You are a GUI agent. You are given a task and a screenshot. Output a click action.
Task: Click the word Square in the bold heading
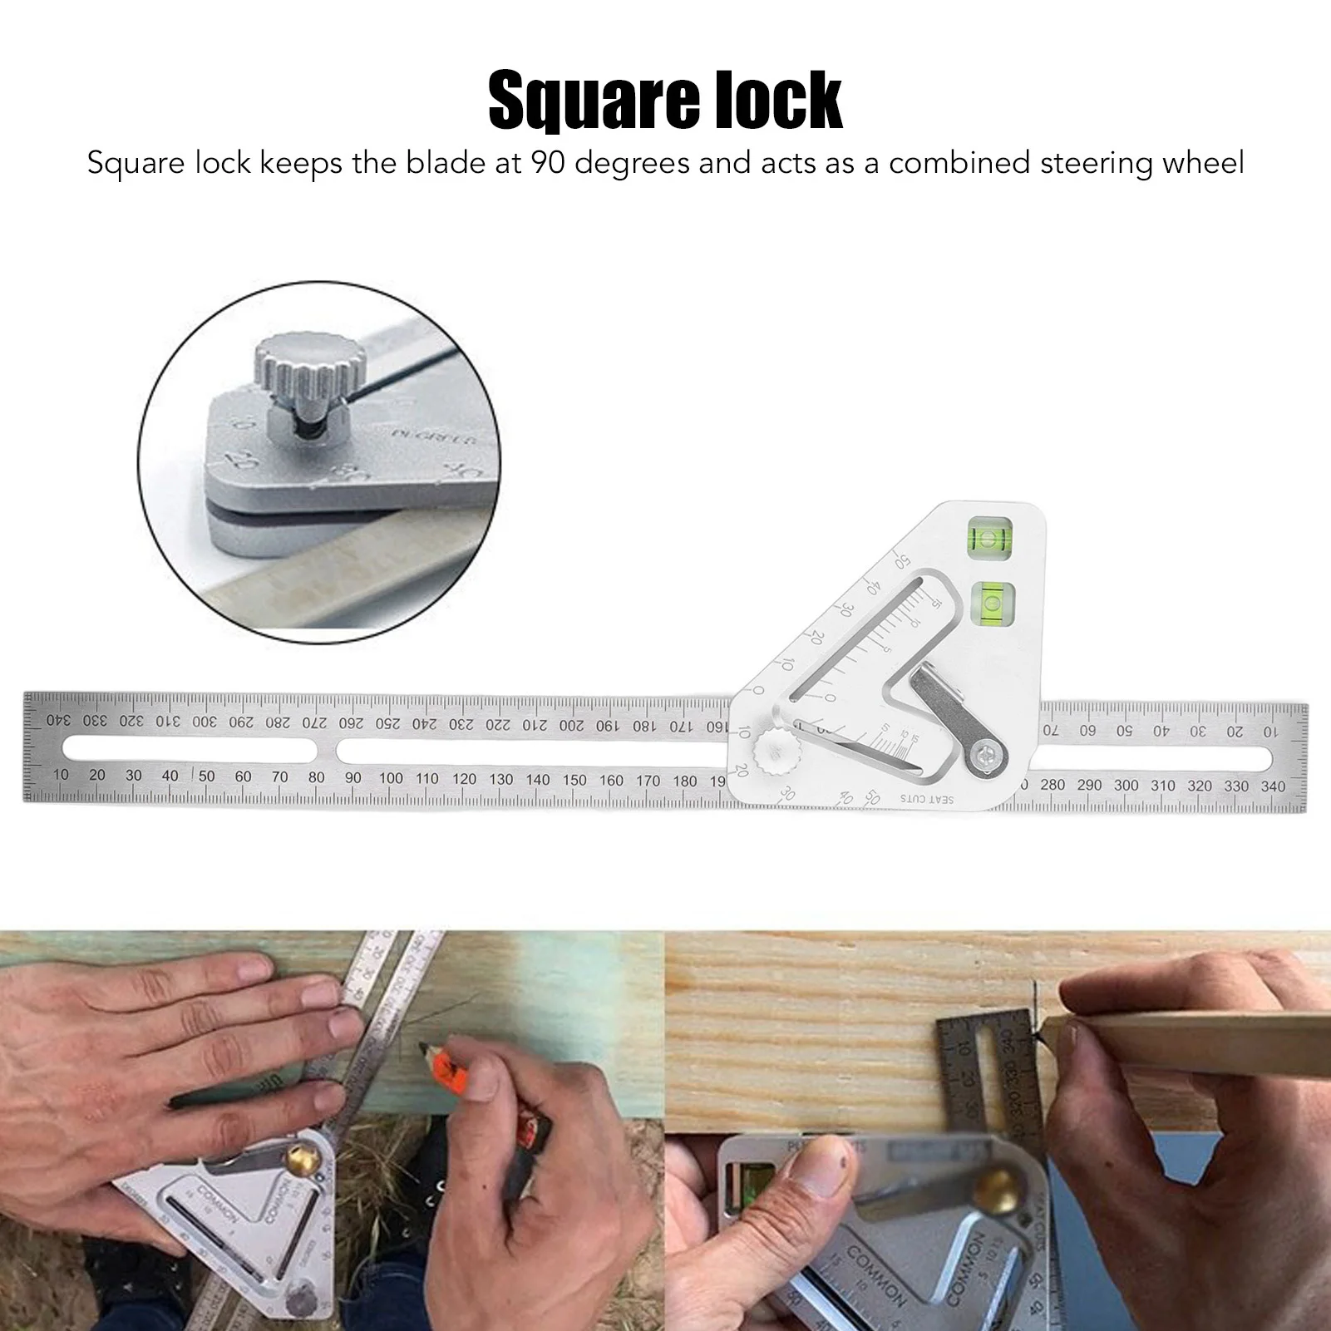(x=594, y=101)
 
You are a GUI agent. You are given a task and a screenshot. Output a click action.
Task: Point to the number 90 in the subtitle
(x=548, y=162)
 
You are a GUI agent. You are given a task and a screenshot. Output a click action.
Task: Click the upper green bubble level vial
(x=989, y=537)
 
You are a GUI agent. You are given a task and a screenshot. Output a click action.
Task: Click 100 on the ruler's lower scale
(x=391, y=778)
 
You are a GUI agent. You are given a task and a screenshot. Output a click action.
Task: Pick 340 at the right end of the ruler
(x=1273, y=786)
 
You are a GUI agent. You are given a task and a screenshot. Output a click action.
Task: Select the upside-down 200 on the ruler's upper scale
(x=571, y=725)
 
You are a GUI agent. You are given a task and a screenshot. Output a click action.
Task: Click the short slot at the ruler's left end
(x=190, y=748)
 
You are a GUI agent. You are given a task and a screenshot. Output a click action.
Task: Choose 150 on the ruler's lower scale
(x=574, y=780)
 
